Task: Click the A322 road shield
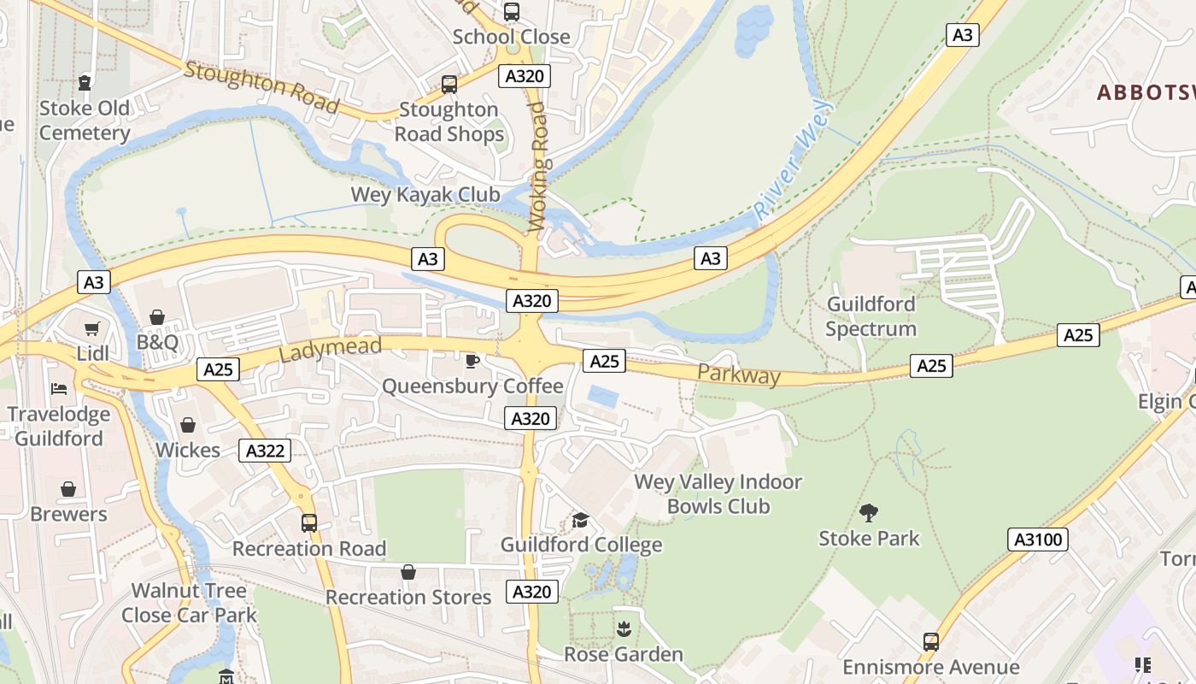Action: pyautogui.click(x=265, y=451)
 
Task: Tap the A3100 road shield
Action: pyautogui.click(x=1039, y=540)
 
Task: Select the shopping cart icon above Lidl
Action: pyautogui.click(x=92, y=329)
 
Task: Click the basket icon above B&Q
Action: pyautogui.click(x=157, y=318)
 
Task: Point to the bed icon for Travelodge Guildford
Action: pyautogui.click(x=59, y=389)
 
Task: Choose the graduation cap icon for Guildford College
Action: pyautogui.click(x=581, y=520)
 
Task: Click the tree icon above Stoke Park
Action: pyautogui.click(x=869, y=513)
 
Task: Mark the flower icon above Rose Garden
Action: pyautogui.click(x=624, y=629)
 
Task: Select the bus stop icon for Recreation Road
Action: pyautogui.click(x=309, y=522)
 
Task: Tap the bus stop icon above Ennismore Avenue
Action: pyautogui.click(x=931, y=641)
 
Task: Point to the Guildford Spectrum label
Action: pyautogui.click(x=871, y=316)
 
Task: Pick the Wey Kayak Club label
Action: pyautogui.click(x=425, y=195)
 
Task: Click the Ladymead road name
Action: pyautogui.click(x=329, y=348)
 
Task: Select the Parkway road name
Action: pyautogui.click(x=739, y=374)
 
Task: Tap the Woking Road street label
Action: pyautogui.click(x=537, y=167)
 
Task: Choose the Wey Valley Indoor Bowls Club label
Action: pyautogui.click(x=718, y=494)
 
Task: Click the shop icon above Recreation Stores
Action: pyautogui.click(x=408, y=572)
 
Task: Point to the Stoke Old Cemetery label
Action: pyautogui.click(x=85, y=121)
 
